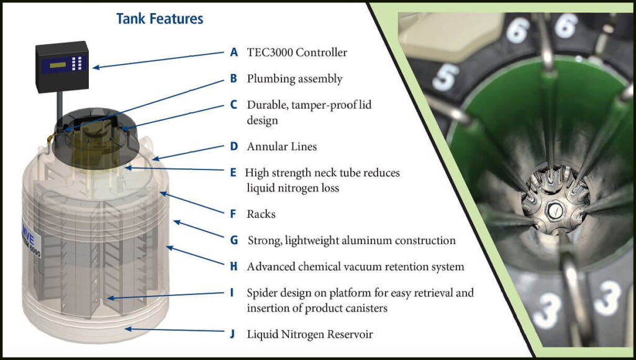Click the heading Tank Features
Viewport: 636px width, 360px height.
point(160,19)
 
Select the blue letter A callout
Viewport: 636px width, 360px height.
point(234,52)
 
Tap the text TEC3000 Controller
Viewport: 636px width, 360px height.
point(297,52)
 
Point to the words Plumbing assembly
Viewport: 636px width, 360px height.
point(294,79)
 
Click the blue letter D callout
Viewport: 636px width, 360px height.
point(234,146)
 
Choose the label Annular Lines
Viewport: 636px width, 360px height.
point(282,146)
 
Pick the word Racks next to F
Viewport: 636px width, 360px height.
point(261,214)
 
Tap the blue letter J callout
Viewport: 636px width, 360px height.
point(232,334)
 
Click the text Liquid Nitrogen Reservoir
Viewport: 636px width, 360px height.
point(310,335)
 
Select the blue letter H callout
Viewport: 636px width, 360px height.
point(234,266)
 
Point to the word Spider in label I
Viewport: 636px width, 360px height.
point(261,293)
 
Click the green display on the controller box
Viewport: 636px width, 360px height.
point(57,65)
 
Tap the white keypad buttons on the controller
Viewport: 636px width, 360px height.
point(77,63)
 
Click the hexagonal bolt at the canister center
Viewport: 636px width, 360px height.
point(554,211)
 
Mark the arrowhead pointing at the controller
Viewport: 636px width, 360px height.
point(96,67)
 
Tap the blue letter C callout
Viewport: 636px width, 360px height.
point(234,105)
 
